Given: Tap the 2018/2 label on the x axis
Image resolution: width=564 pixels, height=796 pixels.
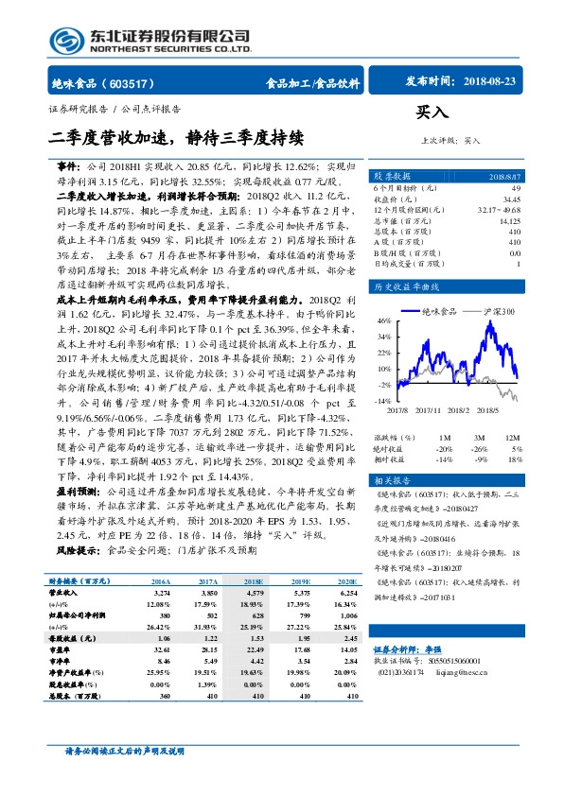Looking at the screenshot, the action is (460, 409).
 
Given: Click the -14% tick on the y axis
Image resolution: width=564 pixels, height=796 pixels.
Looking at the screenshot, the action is (383, 402).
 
